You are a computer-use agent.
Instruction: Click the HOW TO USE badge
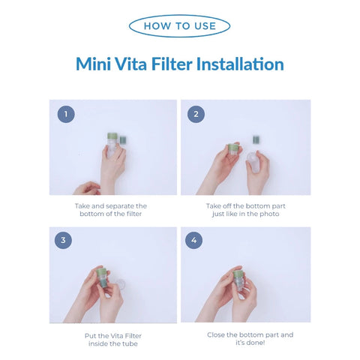tap(179, 25)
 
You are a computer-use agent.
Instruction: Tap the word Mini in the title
tap(95, 64)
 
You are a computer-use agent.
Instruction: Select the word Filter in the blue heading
tap(167, 64)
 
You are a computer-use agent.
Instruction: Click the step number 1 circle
tap(66, 114)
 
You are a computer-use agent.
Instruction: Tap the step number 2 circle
tap(196, 114)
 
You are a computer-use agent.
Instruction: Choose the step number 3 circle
tap(66, 241)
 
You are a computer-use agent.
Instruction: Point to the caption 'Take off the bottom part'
tap(245, 205)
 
